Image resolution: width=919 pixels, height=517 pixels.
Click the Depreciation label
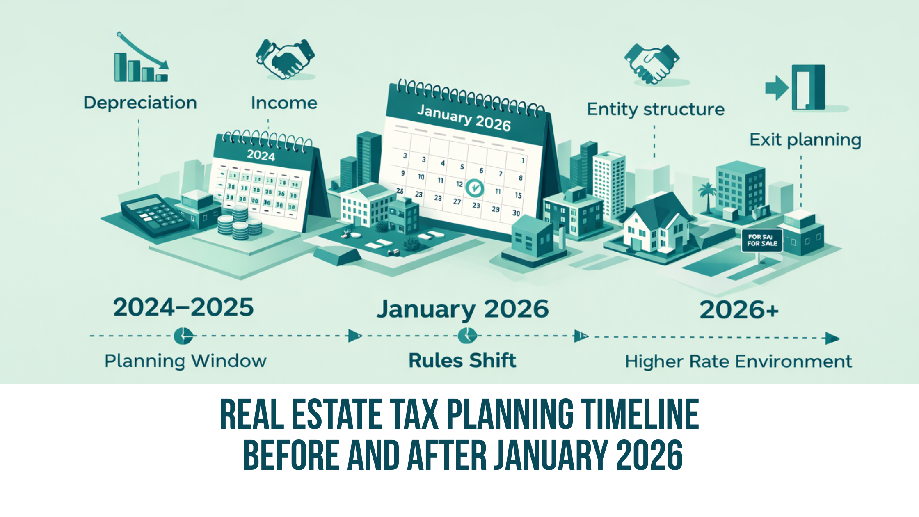click(x=140, y=103)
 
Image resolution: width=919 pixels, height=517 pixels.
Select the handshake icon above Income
click(x=285, y=59)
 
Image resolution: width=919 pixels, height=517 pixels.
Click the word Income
click(x=284, y=103)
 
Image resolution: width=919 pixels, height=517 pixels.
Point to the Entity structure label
click(x=656, y=110)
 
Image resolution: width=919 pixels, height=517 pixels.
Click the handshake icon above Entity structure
click(x=652, y=64)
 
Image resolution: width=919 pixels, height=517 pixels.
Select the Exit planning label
click(x=805, y=140)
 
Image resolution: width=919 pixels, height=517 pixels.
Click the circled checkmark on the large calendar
click(x=475, y=188)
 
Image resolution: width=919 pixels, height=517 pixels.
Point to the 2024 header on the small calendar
click(x=261, y=156)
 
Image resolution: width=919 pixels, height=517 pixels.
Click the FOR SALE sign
click(x=762, y=240)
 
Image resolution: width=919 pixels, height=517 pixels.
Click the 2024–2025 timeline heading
click(x=183, y=307)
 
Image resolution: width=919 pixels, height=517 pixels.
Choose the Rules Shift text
click(x=462, y=361)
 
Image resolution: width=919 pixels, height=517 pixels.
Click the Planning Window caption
click(x=185, y=361)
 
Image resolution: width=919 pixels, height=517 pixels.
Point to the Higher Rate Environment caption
click(x=738, y=361)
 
